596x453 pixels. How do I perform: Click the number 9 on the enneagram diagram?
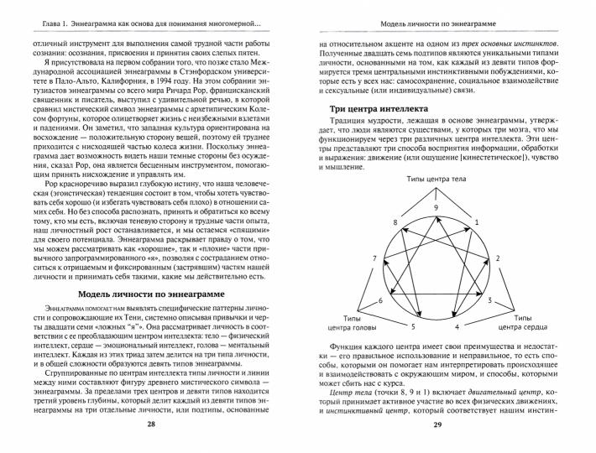tap(436, 207)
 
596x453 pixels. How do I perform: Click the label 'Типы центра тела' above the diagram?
tap(436, 180)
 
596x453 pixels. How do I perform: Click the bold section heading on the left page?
tap(152, 295)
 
